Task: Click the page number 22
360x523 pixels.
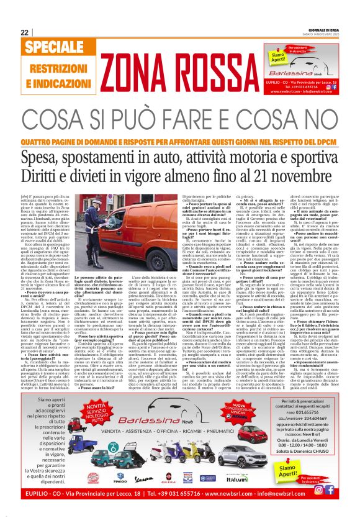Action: (24, 32)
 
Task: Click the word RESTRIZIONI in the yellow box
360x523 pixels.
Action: (53, 66)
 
